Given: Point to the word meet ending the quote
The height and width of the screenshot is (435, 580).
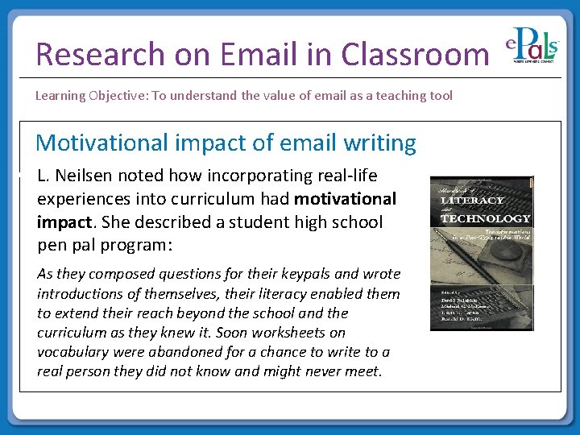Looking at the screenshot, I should pyautogui.click(x=367, y=371).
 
